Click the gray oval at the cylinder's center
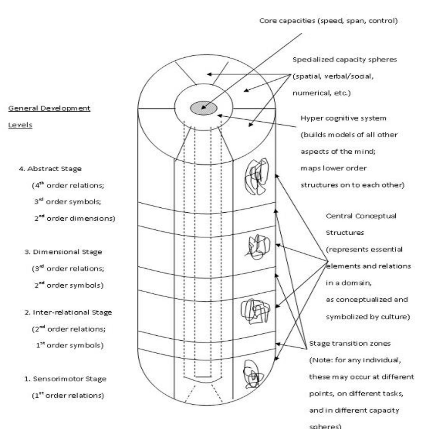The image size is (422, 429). (x=204, y=108)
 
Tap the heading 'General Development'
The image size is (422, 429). (x=49, y=108)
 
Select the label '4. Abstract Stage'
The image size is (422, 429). (x=50, y=169)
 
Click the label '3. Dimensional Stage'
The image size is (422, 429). (x=63, y=252)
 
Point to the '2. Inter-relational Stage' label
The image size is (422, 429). (x=68, y=312)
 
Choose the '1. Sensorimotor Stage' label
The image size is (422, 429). (x=65, y=379)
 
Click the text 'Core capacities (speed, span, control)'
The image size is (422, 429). (x=328, y=21)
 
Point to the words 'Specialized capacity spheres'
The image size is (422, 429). (x=345, y=59)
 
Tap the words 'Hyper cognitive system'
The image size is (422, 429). (x=343, y=118)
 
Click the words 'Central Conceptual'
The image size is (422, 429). (x=361, y=216)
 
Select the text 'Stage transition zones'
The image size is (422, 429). (x=350, y=343)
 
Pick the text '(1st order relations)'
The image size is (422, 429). (x=68, y=396)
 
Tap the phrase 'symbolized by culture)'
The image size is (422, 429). (x=368, y=317)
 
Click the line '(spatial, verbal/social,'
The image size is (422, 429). (x=333, y=76)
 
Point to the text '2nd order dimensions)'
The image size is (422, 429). (x=75, y=219)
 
